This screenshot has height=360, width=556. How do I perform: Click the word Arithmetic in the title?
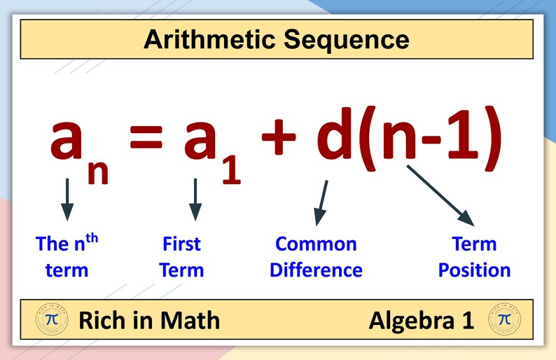click(211, 40)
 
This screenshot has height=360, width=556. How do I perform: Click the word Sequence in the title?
click(347, 40)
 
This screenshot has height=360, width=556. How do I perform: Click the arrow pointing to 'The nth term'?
click(67, 199)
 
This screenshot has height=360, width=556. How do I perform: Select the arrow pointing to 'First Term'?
click(195, 199)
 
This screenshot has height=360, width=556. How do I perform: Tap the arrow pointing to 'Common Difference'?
click(321, 203)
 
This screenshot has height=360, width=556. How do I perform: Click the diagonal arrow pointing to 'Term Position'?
click(442, 195)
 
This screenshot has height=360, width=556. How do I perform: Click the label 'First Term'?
click(181, 257)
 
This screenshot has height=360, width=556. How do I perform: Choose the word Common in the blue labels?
click(316, 244)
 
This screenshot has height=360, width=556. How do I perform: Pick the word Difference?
click(316, 270)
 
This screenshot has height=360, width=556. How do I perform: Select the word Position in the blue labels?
click(474, 270)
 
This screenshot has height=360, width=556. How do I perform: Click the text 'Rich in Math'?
click(149, 321)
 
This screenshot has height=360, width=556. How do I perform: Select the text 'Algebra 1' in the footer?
click(422, 321)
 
